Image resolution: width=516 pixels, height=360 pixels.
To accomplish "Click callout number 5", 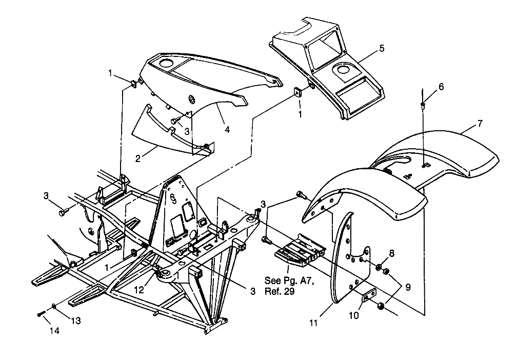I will tap(382, 49).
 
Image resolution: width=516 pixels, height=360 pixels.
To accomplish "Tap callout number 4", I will tap(227, 129).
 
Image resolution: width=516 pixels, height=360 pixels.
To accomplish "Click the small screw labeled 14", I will tap(41, 314).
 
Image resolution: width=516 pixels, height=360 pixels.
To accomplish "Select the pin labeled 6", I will tap(422, 105).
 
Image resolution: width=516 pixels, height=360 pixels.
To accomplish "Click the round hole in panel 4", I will tap(166, 65).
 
